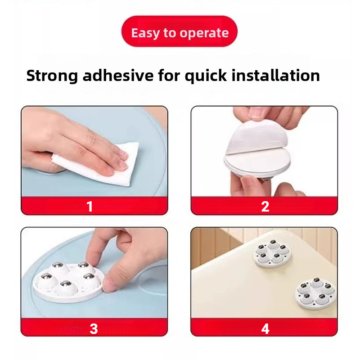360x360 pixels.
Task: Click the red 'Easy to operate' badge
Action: point(179,31)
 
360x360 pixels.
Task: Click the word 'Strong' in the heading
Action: point(52,76)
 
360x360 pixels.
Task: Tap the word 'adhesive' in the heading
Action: point(118,75)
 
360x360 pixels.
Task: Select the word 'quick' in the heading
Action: point(206,76)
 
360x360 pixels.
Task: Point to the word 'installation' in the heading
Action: point(276,75)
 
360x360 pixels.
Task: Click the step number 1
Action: point(90,206)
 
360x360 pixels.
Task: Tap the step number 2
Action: point(265,207)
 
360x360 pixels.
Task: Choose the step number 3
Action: point(94,328)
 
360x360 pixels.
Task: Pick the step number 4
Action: point(265,329)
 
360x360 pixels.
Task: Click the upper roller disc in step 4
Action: point(272,253)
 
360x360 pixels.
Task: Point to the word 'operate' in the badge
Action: point(204,33)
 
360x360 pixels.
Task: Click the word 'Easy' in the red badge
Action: point(145,33)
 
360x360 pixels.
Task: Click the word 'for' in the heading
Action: point(169,75)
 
